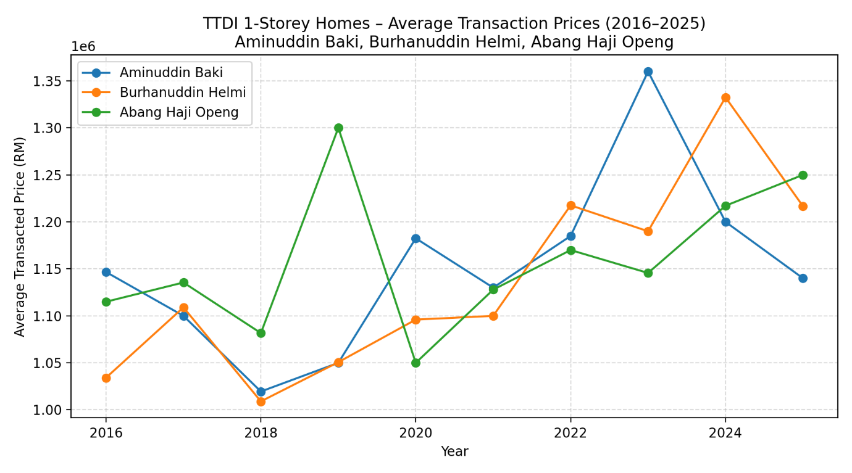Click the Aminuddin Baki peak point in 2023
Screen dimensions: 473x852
point(648,72)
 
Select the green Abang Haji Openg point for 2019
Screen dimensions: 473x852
point(338,128)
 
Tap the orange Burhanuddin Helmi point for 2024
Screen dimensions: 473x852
point(725,97)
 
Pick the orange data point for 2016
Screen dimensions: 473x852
point(106,378)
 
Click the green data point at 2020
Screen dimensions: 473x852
point(416,363)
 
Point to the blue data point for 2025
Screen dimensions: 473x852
point(803,278)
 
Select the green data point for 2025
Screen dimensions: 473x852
point(803,175)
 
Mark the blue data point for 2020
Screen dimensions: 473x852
point(416,239)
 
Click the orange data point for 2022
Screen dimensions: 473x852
point(570,205)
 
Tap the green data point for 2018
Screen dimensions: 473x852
point(261,333)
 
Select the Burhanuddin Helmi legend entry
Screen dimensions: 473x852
point(183,93)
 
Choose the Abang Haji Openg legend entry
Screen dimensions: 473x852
point(179,112)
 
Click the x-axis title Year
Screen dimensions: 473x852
point(454,452)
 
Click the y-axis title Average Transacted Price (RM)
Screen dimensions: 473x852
point(20,236)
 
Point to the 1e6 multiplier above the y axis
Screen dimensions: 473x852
point(83,47)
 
